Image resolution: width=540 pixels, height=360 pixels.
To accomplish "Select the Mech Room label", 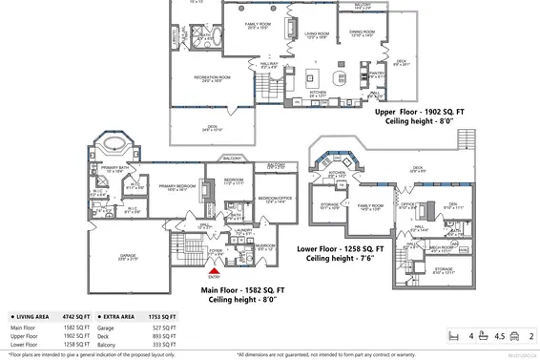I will click(440, 247).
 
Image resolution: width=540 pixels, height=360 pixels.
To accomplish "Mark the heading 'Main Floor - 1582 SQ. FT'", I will click(242, 294).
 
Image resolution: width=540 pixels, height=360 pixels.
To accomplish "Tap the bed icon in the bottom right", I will click(455, 335).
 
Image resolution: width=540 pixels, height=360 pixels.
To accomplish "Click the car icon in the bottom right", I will click(513, 335).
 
